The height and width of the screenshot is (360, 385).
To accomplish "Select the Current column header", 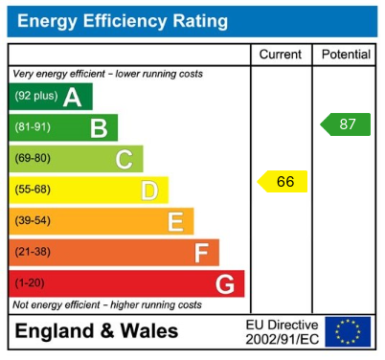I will point(281,55).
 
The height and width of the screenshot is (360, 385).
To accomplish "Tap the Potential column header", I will point(345,55).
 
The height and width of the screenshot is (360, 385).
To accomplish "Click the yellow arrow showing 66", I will point(283,181).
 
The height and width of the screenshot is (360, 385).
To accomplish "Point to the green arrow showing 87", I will point(346,124).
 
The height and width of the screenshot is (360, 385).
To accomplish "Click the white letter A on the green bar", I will point(72,97).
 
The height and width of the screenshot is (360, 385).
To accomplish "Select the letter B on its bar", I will point(98,128).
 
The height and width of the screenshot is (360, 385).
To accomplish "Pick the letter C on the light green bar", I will point(124,159).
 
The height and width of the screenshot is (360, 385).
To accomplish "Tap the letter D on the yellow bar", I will point(149,191).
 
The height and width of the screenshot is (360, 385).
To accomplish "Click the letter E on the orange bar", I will point(175,222).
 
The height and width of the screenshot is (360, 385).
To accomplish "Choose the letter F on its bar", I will point(201,253).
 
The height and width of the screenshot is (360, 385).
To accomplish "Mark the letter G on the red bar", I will point(225,284).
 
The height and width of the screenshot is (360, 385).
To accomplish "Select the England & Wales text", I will point(96,331).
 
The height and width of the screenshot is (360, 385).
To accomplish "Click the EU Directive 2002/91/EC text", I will point(283,331).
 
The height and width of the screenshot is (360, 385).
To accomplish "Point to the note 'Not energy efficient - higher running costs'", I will point(107,304).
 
